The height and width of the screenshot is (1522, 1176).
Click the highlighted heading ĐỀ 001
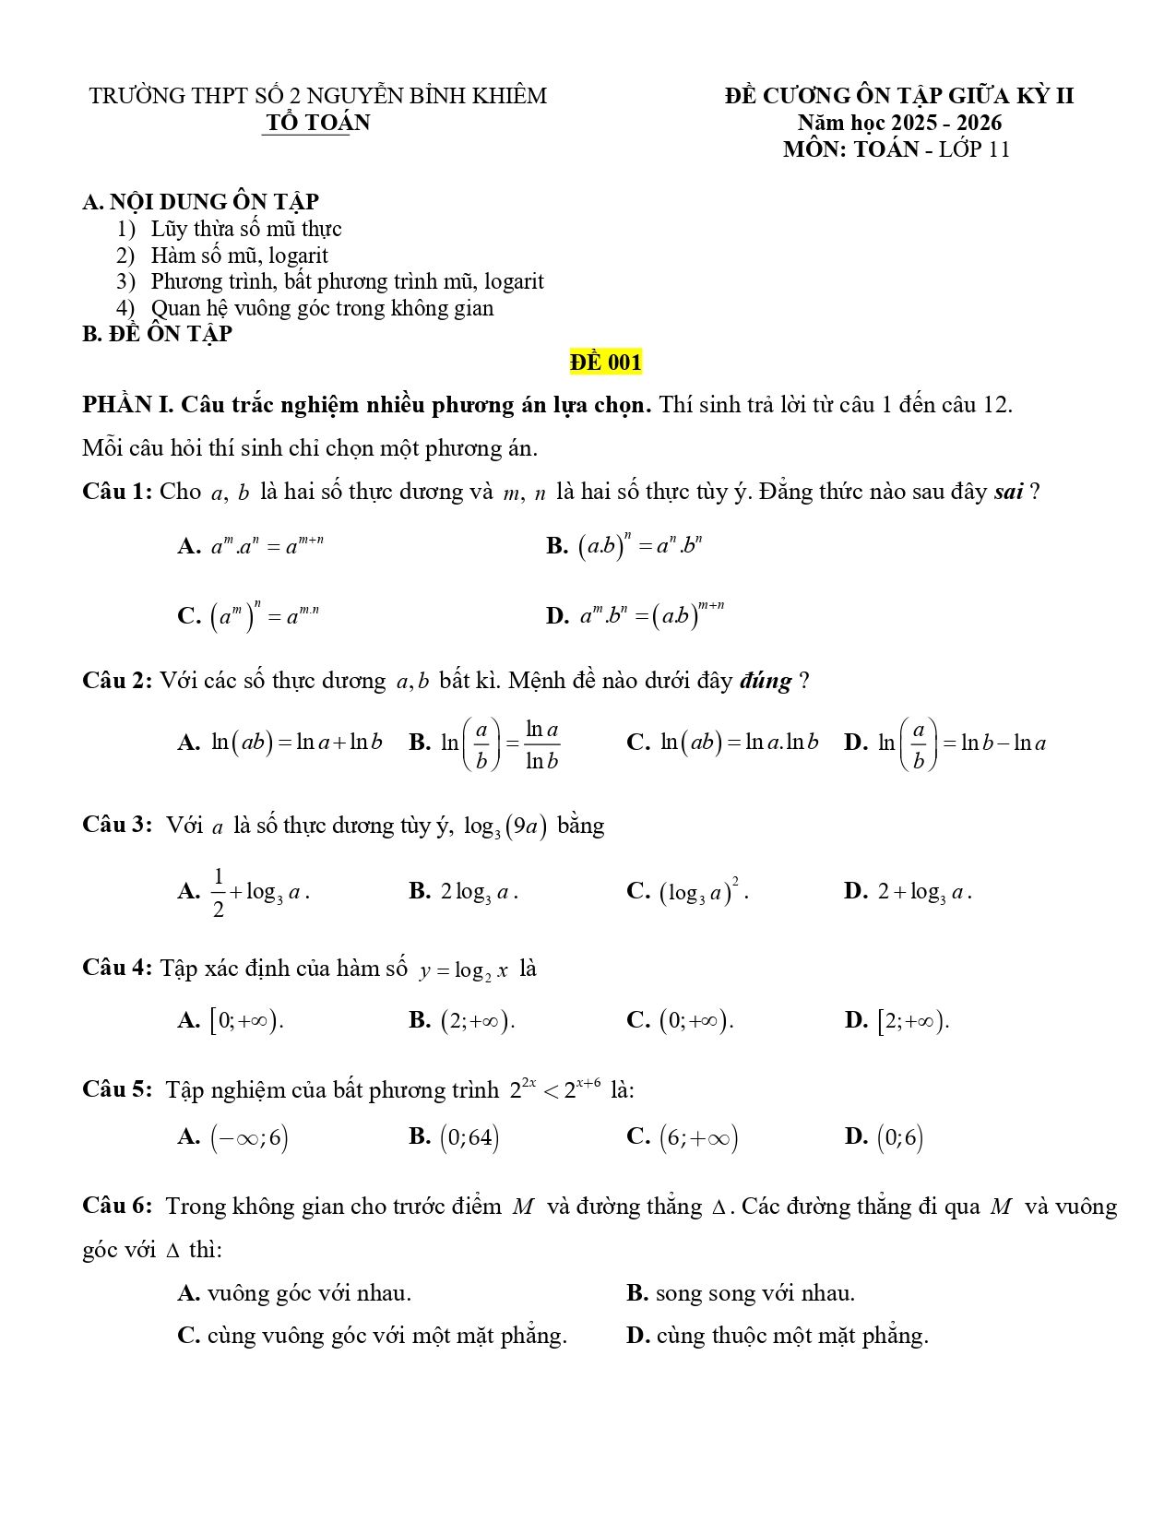click(605, 363)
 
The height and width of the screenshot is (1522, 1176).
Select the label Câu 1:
click(116, 492)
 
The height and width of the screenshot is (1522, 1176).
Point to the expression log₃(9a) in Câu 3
click(505, 826)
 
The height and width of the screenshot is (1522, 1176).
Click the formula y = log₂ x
click(464, 970)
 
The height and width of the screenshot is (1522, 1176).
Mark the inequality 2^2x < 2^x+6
click(556, 1089)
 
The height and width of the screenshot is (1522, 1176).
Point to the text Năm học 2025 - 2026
click(899, 123)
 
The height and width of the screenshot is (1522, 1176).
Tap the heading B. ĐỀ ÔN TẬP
click(157, 334)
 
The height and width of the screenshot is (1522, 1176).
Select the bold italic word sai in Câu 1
click(1009, 492)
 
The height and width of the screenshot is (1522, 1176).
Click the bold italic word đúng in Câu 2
click(765, 682)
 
